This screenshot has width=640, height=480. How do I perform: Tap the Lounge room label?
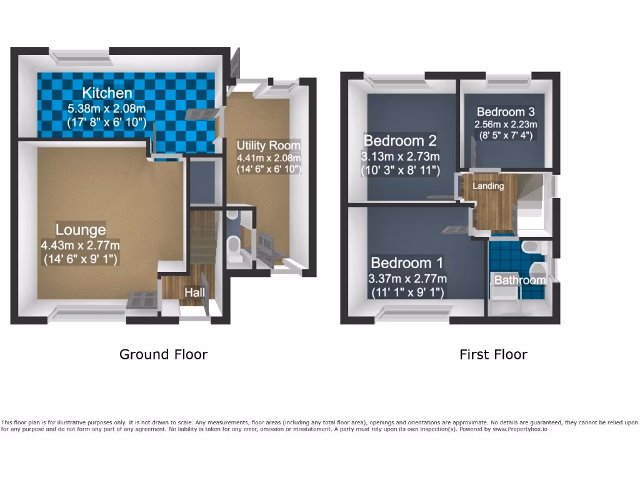pos(81,228)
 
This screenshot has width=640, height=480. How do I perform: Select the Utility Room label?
pos(268,145)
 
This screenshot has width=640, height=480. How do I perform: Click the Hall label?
pos(194,292)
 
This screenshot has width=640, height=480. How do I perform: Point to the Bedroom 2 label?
pos(400,140)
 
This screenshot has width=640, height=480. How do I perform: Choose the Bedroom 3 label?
pos(505,112)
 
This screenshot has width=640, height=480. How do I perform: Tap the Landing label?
pos(488,186)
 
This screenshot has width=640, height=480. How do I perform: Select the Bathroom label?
pos(520,280)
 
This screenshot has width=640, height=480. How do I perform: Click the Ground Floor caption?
pos(163,354)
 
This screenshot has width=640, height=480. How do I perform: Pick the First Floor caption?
pos(493,354)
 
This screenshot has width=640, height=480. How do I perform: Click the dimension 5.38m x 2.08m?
pos(107,109)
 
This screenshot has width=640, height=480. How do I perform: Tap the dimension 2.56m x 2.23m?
pos(505,124)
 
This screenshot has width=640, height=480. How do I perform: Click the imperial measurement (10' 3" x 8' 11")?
pos(400,169)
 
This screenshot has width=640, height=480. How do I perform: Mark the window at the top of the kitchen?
pos(82,57)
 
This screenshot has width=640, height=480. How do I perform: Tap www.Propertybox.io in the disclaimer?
pos(516,429)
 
